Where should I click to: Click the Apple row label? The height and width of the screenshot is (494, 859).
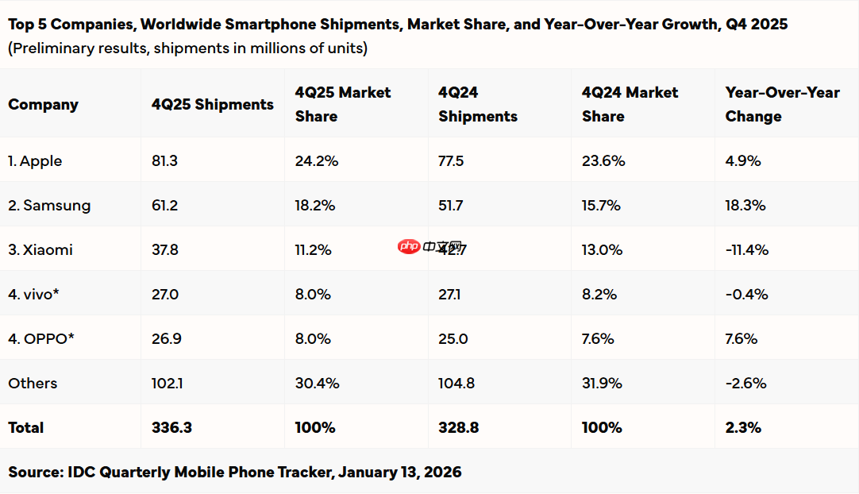pyautogui.click(x=35, y=161)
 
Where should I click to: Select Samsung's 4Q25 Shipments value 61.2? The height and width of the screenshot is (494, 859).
pyautogui.click(x=164, y=206)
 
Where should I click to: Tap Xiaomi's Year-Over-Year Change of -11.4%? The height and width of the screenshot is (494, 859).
pyautogui.click(x=746, y=250)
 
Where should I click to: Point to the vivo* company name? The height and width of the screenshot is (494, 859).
pyautogui.click(x=34, y=295)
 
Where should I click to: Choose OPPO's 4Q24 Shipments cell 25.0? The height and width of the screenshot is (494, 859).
pyautogui.click(x=453, y=339)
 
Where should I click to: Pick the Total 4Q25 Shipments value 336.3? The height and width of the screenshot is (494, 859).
pyautogui.click(x=171, y=428)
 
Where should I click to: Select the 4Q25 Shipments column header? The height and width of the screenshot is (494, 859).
pyautogui.click(x=212, y=105)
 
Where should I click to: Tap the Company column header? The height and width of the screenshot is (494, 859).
pyautogui.click(x=43, y=105)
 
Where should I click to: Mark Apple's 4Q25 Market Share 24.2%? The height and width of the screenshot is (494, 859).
pyautogui.click(x=317, y=161)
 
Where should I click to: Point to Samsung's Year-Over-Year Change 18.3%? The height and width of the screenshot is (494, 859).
pyautogui.click(x=745, y=206)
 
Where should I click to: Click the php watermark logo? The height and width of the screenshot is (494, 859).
pyautogui.click(x=409, y=246)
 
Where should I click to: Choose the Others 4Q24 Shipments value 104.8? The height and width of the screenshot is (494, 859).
pyautogui.click(x=456, y=384)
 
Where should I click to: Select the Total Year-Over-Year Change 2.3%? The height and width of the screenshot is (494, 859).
pyautogui.click(x=743, y=428)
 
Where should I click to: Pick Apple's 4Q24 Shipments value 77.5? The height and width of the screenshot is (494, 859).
pyautogui.click(x=451, y=161)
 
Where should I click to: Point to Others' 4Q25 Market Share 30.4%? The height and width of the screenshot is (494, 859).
pyautogui.click(x=317, y=384)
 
